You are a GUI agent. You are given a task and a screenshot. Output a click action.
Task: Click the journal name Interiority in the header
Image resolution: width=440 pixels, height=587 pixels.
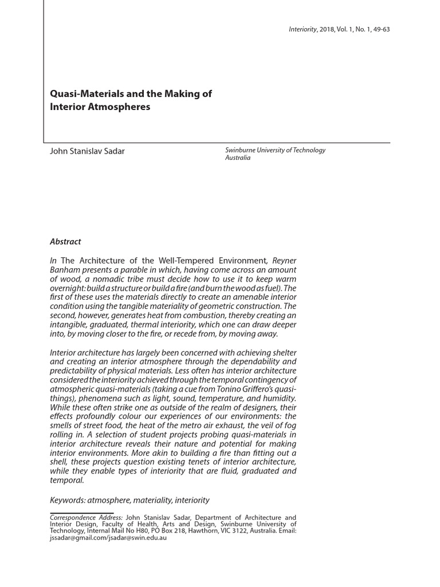[302, 29]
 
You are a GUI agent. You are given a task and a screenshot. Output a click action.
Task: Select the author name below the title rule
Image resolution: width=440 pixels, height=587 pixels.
[87, 151]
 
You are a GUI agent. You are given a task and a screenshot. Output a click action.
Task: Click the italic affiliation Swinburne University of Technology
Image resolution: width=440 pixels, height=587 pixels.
[275, 150]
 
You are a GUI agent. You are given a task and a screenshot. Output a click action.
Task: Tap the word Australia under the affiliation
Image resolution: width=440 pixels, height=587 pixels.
[238, 158]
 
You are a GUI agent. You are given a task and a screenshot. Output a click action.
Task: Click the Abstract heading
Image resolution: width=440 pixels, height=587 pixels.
[65, 242]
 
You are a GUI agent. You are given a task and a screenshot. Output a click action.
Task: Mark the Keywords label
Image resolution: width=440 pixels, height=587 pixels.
[68, 500]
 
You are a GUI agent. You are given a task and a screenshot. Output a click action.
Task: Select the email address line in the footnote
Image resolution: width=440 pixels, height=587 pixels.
[108, 539]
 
